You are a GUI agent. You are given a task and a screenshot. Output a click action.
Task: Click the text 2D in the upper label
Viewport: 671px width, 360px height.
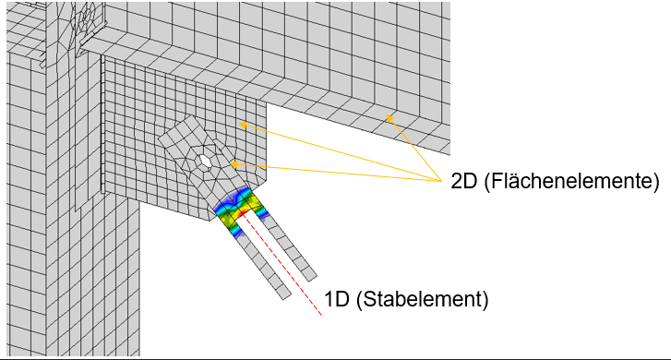[x=464, y=182]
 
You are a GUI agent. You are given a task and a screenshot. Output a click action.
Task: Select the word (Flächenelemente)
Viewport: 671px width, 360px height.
[x=571, y=182]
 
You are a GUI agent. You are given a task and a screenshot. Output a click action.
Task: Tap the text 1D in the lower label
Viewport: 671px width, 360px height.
[x=337, y=299]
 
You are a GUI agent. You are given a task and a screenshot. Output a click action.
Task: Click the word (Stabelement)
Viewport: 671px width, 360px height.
[x=423, y=299]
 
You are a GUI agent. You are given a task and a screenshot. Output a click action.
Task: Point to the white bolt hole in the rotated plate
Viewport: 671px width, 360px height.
[x=205, y=162]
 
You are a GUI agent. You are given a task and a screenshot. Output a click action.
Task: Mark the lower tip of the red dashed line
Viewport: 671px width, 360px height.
[x=322, y=317]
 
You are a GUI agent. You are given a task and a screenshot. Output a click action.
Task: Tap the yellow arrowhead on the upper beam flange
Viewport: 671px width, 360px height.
[x=389, y=118]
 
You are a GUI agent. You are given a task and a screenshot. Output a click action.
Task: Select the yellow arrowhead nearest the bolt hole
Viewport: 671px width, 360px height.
[x=234, y=164]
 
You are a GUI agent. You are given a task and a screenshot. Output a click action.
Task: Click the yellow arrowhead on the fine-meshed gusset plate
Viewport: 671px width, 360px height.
[x=243, y=125]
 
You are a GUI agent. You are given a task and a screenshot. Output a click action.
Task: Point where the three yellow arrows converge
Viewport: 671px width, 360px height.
[x=442, y=181]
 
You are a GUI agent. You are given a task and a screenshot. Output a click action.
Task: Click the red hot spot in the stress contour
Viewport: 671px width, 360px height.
[x=242, y=210]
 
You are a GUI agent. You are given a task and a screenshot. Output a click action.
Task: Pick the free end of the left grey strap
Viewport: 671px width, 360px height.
[x=287, y=296]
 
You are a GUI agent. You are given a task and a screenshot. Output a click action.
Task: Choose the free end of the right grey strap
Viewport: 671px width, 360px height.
[x=312, y=277]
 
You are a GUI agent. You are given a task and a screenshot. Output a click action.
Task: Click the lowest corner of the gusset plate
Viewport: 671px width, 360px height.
[x=210, y=221]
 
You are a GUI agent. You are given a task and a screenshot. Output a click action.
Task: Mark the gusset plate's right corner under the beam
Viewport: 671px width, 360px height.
[x=266, y=102]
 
